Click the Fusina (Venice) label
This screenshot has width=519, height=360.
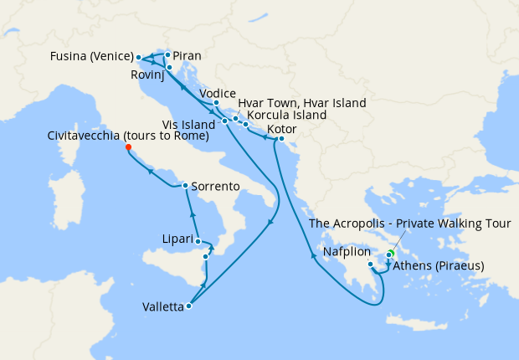[x=90, y=57]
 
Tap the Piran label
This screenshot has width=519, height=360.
[x=188, y=56]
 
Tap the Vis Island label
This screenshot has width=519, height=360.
[x=191, y=124]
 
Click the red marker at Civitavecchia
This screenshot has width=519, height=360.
[x=128, y=147]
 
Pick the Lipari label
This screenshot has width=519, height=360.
[x=177, y=239]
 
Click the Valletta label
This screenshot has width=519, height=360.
[x=159, y=307]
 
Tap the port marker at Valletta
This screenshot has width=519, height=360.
[x=188, y=306]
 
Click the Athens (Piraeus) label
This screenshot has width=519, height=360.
[x=439, y=267]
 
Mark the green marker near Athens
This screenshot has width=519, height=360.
[x=392, y=252]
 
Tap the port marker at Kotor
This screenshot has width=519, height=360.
[x=281, y=138]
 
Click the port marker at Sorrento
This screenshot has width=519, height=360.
[x=185, y=185]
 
